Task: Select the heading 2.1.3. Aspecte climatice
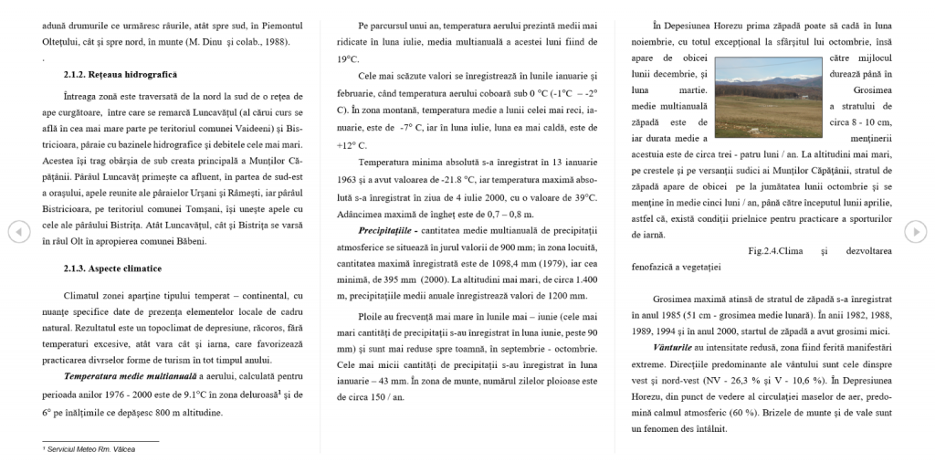[x=112, y=268]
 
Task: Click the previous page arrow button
[x=18, y=232]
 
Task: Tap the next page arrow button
[x=915, y=232]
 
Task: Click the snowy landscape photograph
[x=769, y=93]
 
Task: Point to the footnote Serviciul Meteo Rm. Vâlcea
[x=84, y=450]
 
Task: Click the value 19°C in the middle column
[x=348, y=58]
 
